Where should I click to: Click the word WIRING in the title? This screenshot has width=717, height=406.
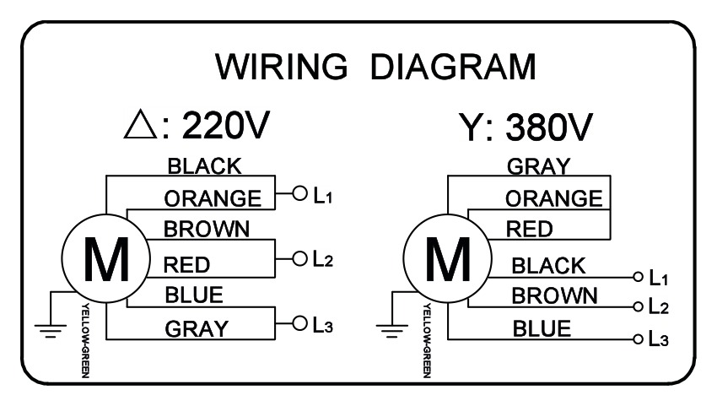(x=281, y=67)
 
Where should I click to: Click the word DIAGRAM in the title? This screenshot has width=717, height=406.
(x=453, y=67)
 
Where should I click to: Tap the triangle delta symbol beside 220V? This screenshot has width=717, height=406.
(x=141, y=125)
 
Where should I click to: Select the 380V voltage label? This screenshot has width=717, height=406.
(x=549, y=127)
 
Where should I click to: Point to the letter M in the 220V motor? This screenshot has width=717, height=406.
(x=106, y=259)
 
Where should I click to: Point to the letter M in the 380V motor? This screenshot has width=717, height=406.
(x=448, y=259)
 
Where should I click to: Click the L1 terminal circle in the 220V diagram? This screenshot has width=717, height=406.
(x=299, y=193)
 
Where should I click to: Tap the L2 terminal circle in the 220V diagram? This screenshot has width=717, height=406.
(x=299, y=258)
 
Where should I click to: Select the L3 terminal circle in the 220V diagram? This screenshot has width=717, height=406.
(x=299, y=323)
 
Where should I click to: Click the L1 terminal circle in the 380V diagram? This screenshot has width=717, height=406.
(x=638, y=277)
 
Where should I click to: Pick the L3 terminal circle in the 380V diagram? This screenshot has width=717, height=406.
(x=638, y=339)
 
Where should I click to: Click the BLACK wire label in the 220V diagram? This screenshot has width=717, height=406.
(x=204, y=166)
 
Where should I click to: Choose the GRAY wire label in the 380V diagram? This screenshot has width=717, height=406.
(x=539, y=166)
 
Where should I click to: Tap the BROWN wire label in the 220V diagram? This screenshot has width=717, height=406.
(x=207, y=229)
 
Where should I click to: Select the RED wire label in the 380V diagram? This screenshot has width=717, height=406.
(x=529, y=229)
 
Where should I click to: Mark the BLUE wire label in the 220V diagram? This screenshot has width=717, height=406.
(x=194, y=295)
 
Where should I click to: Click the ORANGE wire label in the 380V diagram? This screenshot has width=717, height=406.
(x=553, y=198)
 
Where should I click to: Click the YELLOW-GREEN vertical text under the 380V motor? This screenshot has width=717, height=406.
(x=427, y=340)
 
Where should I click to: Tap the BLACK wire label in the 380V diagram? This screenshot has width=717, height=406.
(x=548, y=266)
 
